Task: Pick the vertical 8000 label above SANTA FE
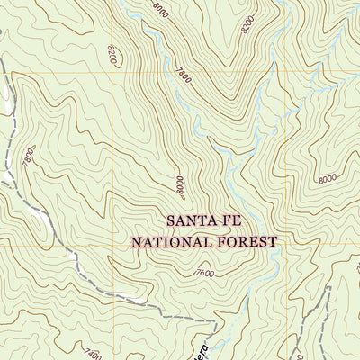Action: (180, 186)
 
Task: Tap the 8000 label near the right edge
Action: (328, 179)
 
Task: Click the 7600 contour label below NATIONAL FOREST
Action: (204, 274)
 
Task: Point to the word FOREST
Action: (247, 241)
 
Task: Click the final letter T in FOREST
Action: (273, 241)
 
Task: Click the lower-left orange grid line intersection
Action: (113, 246)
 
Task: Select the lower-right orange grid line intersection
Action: (287, 246)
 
